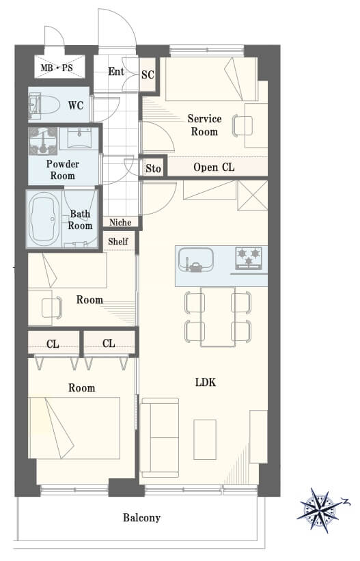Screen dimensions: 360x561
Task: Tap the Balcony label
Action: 141,518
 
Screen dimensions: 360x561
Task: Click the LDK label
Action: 206,383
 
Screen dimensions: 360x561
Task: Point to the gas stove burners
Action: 249,258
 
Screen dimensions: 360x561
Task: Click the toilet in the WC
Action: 44,104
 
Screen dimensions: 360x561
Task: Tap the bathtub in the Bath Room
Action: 44,219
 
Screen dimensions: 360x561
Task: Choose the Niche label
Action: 120,222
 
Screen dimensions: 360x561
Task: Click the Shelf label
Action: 118,241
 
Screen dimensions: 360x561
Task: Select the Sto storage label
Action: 153,168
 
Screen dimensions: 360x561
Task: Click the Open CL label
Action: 214,167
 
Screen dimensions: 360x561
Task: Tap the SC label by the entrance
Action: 148,74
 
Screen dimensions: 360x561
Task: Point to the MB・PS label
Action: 57,67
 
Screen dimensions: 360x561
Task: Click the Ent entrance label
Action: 116,71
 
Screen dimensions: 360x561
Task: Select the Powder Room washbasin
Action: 79,138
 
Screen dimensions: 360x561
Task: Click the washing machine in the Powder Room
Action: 43,141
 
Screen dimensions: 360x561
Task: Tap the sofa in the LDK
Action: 160,437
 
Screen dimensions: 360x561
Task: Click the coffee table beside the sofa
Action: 205,439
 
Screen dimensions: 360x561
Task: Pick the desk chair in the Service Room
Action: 242,125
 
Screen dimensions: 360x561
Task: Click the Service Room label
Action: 204,125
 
